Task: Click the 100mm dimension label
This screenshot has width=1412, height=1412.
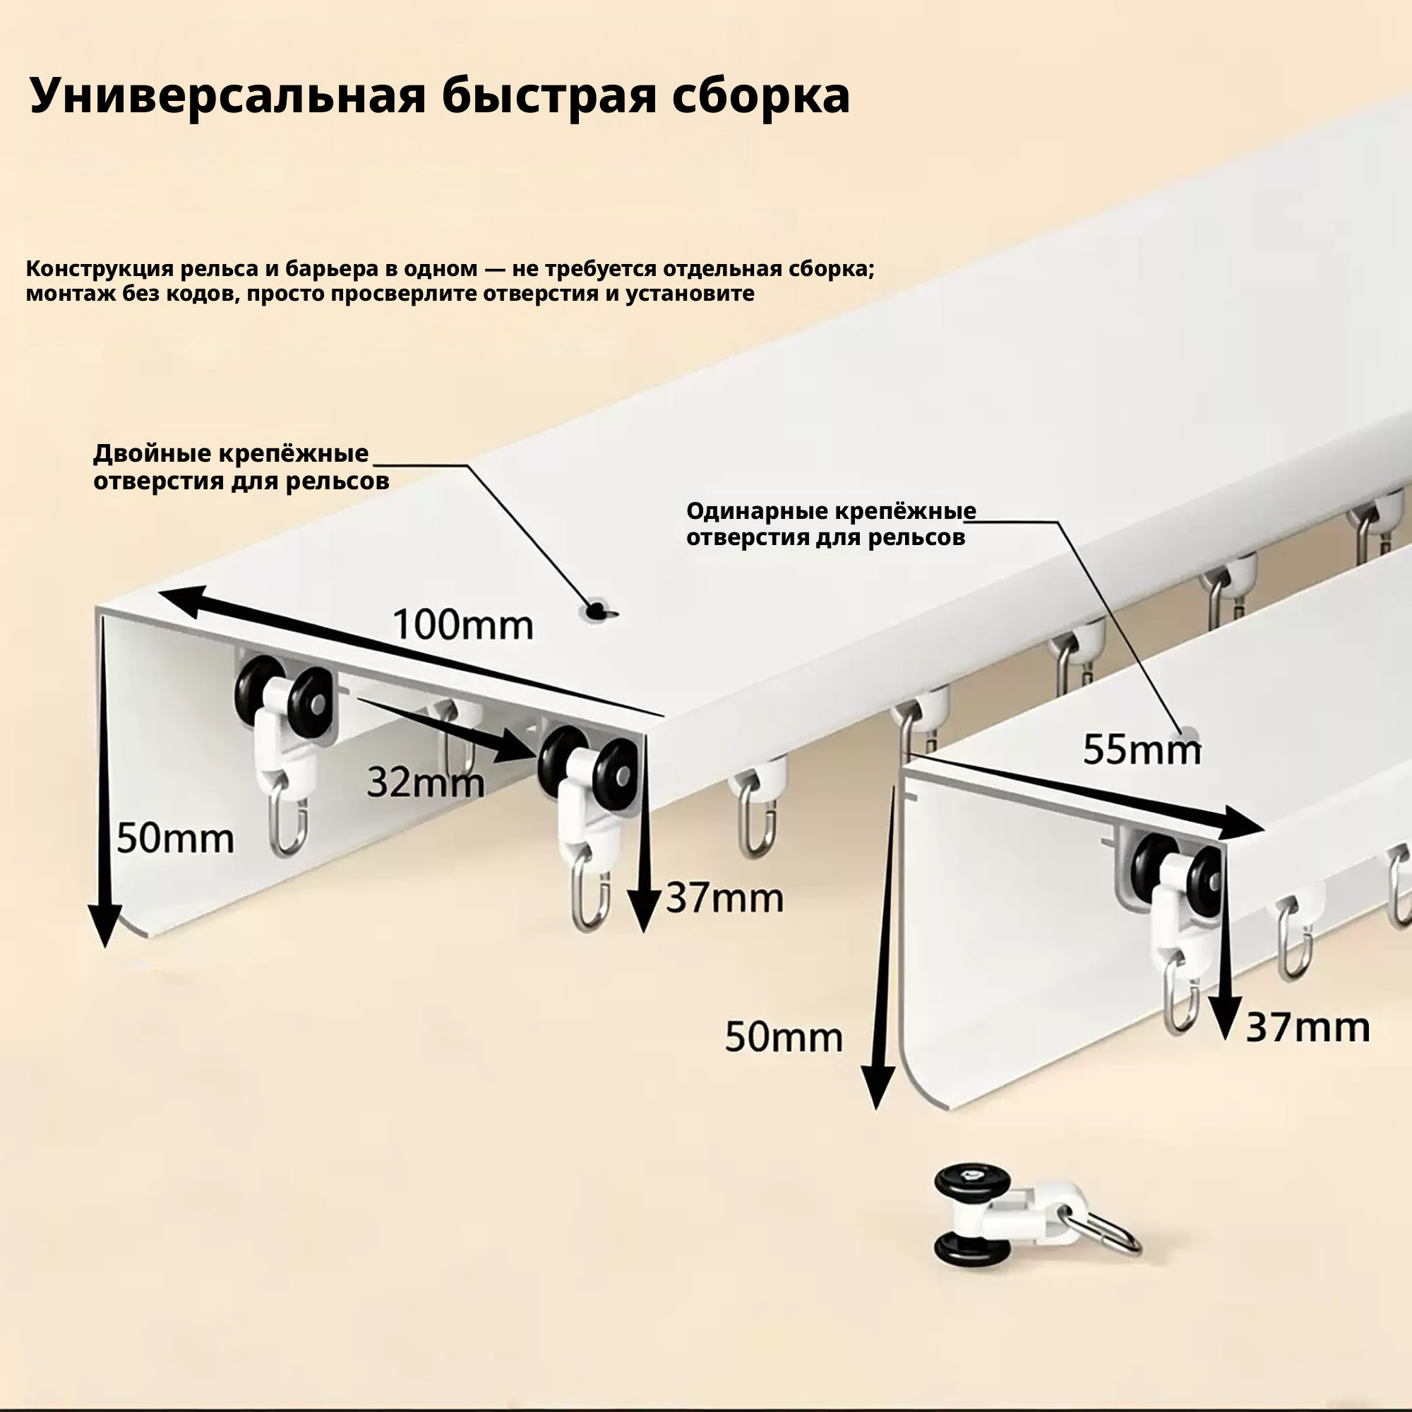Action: click(463, 626)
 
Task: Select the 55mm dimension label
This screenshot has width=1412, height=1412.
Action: click(1142, 749)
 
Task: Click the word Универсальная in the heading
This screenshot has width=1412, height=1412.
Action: click(227, 95)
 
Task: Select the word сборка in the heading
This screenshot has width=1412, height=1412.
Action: click(760, 96)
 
